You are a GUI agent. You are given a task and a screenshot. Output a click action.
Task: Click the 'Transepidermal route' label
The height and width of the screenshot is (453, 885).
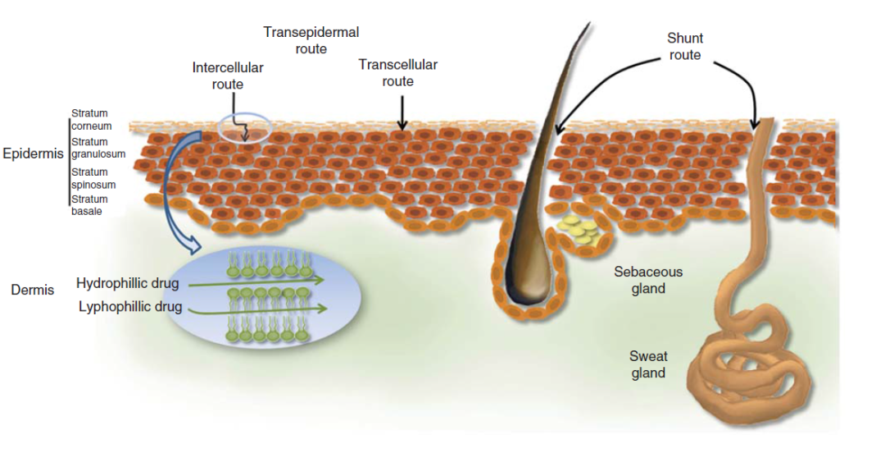[311, 40]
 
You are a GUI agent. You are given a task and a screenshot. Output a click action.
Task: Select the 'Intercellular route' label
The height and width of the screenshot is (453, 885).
[228, 75]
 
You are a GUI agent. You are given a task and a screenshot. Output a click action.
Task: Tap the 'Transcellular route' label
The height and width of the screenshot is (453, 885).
[397, 73]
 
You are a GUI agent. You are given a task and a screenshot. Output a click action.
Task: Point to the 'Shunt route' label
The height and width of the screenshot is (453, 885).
[685, 47]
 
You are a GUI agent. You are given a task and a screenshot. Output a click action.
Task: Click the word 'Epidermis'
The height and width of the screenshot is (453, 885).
[33, 154]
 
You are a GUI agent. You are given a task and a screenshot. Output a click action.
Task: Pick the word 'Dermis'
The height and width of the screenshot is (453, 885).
[33, 290]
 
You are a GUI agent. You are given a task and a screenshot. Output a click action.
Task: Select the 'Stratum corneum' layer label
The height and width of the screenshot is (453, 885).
[90, 120]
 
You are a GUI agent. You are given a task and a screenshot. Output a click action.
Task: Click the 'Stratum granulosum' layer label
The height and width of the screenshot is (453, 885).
[98, 148]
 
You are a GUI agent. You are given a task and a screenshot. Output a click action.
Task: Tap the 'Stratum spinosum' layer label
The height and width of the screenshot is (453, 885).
[93, 178]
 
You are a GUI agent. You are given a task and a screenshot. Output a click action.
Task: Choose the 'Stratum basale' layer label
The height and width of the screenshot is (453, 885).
[89, 205]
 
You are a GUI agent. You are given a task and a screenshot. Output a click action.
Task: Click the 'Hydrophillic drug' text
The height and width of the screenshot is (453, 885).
[128, 284]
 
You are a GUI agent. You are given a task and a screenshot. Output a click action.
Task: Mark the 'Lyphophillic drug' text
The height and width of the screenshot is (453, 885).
[129, 308]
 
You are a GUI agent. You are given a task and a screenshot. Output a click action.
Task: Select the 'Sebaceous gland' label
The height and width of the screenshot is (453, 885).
[647, 280]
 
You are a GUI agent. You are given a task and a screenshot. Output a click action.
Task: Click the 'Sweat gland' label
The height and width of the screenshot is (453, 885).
[648, 364]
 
